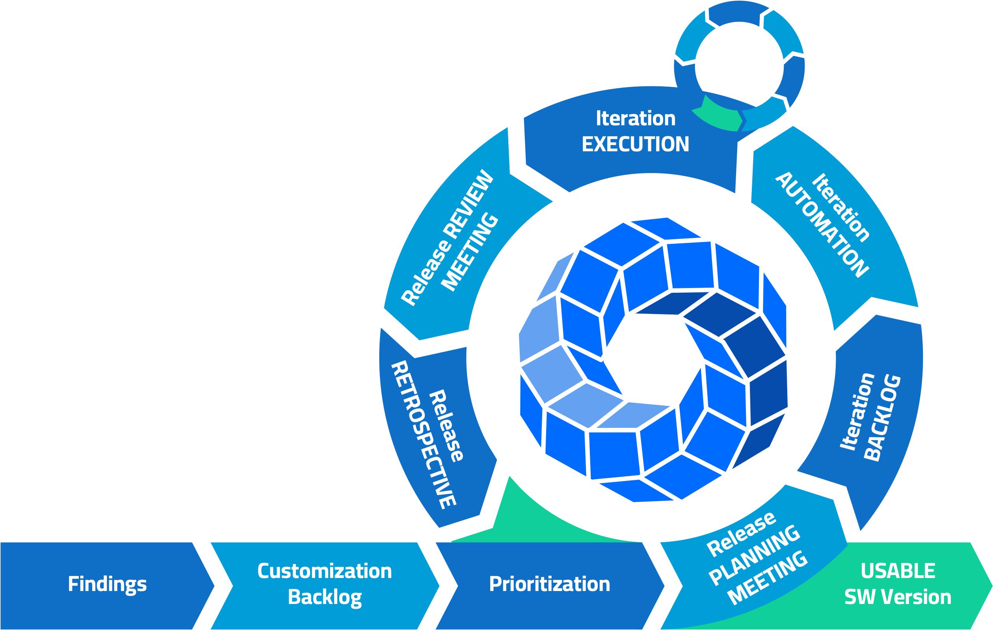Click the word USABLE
(x=898, y=571)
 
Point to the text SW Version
(x=898, y=597)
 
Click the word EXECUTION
(x=635, y=144)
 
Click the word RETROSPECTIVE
(x=423, y=435)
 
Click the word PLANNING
(x=755, y=554)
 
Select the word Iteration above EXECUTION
(x=636, y=119)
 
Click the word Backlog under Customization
(x=325, y=597)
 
